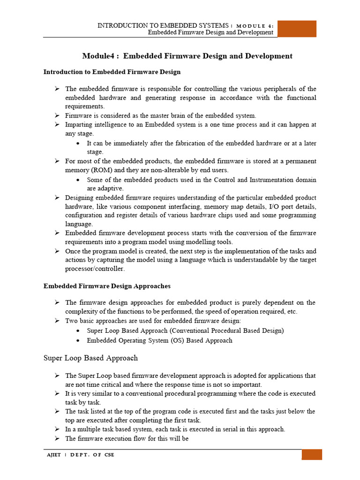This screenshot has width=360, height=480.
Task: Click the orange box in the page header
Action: point(297,29)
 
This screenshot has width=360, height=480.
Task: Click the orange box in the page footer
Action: point(312,455)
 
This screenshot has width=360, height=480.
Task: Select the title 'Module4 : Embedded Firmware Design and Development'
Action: point(187,56)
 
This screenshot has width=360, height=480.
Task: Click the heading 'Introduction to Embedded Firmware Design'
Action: point(112,72)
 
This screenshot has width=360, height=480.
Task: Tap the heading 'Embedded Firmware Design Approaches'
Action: point(107,286)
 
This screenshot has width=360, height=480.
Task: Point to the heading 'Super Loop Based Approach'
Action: point(90,358)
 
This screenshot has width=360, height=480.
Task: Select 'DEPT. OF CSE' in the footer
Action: point(92,455)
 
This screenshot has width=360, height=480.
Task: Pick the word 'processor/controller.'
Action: point(96,269)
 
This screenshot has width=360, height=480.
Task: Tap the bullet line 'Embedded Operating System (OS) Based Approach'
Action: point(159,341)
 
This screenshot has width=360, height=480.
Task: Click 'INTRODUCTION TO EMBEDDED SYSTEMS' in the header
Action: point(163,25)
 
